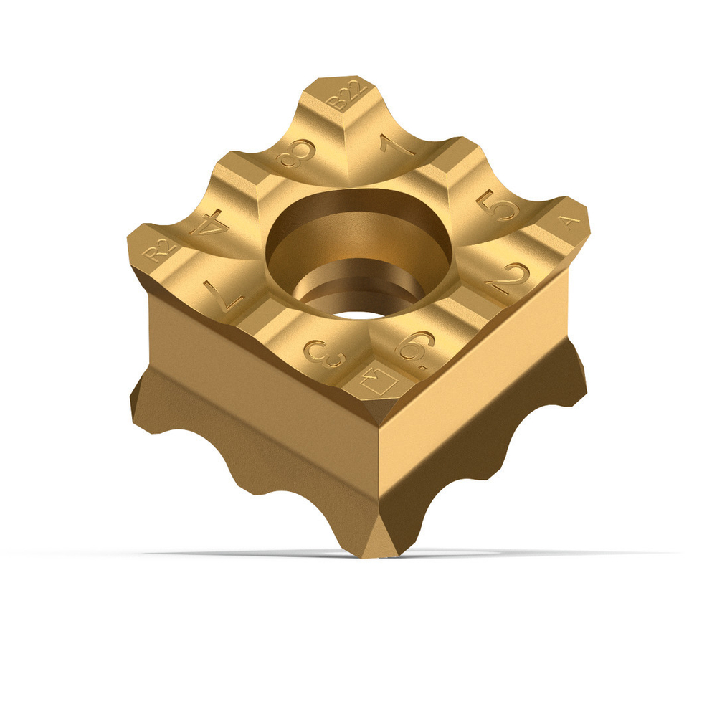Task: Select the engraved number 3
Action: [x=323, y=353]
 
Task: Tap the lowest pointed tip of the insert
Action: [x=380, y=554]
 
